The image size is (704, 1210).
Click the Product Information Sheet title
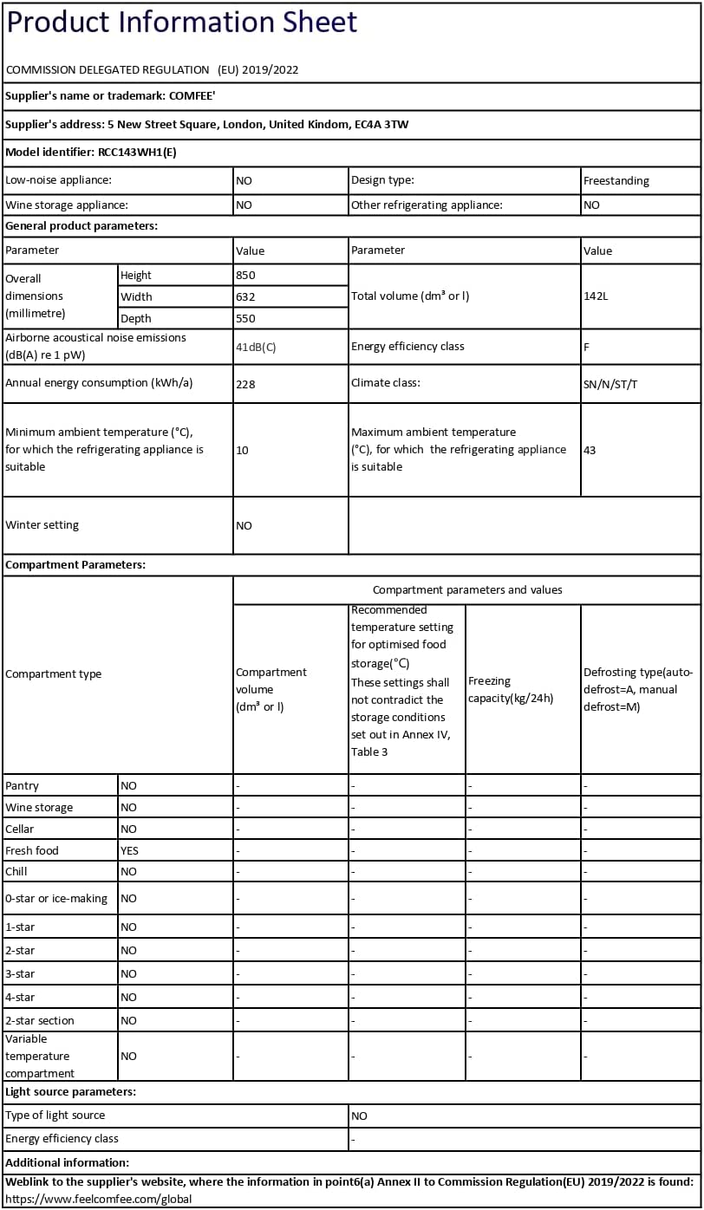[181, 23]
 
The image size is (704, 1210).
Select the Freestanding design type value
[616, 181]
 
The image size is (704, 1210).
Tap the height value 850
[245, 275]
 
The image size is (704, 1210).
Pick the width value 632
[245, 296]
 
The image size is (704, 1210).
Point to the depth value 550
[245, 318]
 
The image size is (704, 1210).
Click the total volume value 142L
[596, 296]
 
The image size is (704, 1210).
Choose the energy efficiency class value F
[587, 347]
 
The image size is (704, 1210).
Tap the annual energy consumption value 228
[245, 383]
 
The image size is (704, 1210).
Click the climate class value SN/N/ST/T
[610, 384]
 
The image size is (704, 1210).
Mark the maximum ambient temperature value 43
[590, 450]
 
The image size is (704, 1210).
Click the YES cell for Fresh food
[129, 850]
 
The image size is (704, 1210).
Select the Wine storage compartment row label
[39, 807]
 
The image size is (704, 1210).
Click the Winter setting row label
[42, 524]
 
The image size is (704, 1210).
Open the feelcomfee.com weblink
[98, 1200]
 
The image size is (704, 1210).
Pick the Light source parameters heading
[70, 1092]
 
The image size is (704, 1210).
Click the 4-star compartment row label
[20, 998]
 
